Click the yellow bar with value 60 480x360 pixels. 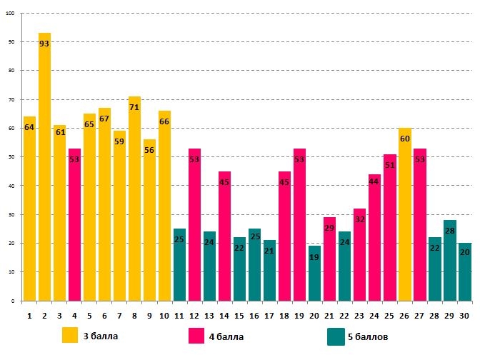(405, 214)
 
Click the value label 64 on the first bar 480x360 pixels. (29, 127)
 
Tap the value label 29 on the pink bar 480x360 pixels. (329, 228)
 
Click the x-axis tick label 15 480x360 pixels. (239, 315)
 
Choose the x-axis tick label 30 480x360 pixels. (464, 315)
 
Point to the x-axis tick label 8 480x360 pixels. (134, 315)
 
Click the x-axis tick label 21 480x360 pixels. (329, 315)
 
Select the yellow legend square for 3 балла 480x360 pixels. (70, 336)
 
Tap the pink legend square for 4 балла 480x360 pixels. (196, 336)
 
